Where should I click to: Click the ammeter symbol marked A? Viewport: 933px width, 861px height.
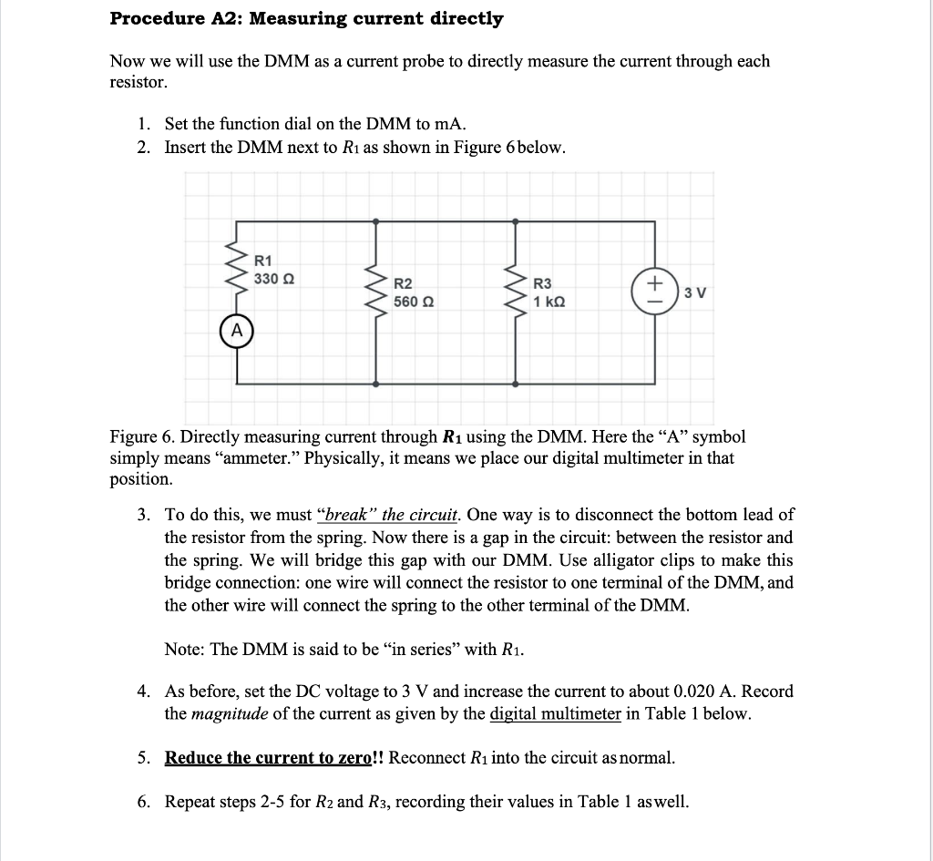[x=237, y=330]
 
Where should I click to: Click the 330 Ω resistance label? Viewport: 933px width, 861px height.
[x=273, y=278]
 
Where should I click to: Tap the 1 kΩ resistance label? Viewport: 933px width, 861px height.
[x=549, y=301]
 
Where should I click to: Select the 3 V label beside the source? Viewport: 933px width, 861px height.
[x=695, y=292]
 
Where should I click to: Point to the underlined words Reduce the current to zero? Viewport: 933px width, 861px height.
[x=269, y=758]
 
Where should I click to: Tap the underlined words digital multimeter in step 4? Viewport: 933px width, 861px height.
[x=555, y=713]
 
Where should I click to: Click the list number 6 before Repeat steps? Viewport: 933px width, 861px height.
[x=143, y=802]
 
